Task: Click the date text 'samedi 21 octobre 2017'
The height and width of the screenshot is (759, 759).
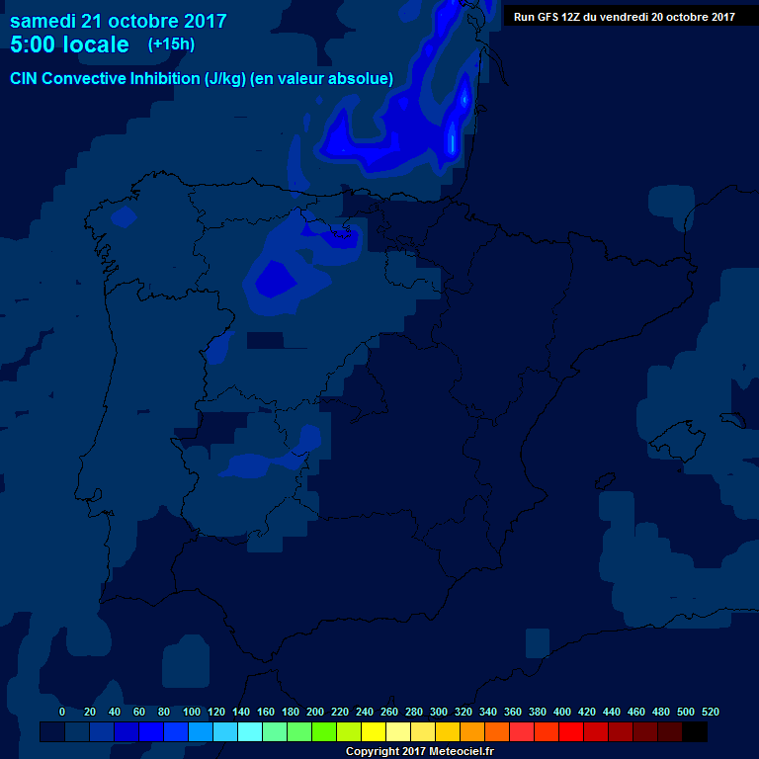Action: coord(119,21)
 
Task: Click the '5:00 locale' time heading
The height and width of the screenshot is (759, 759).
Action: coord(69,44)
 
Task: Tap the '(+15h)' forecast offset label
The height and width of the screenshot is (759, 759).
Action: coord(171,43)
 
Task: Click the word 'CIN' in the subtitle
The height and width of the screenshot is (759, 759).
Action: coord(26,78)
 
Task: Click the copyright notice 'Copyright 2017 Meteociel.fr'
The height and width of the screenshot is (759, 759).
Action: coord(419,751)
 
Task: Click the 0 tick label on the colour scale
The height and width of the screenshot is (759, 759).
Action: coord(62,712)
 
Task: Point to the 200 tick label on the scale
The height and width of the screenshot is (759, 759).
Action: coord(315,712)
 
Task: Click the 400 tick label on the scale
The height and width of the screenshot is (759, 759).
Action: coord(562,712)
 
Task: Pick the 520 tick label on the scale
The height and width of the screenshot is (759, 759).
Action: coord(710,712)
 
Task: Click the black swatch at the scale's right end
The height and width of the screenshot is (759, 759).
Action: coord(695,731)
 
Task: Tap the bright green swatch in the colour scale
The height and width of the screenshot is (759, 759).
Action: coord(324,731)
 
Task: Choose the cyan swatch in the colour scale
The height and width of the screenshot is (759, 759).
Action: coord(250,731)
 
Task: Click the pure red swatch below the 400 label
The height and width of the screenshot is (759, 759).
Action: coord(571,731)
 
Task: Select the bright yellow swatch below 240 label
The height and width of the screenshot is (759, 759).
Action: coord(374,731)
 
